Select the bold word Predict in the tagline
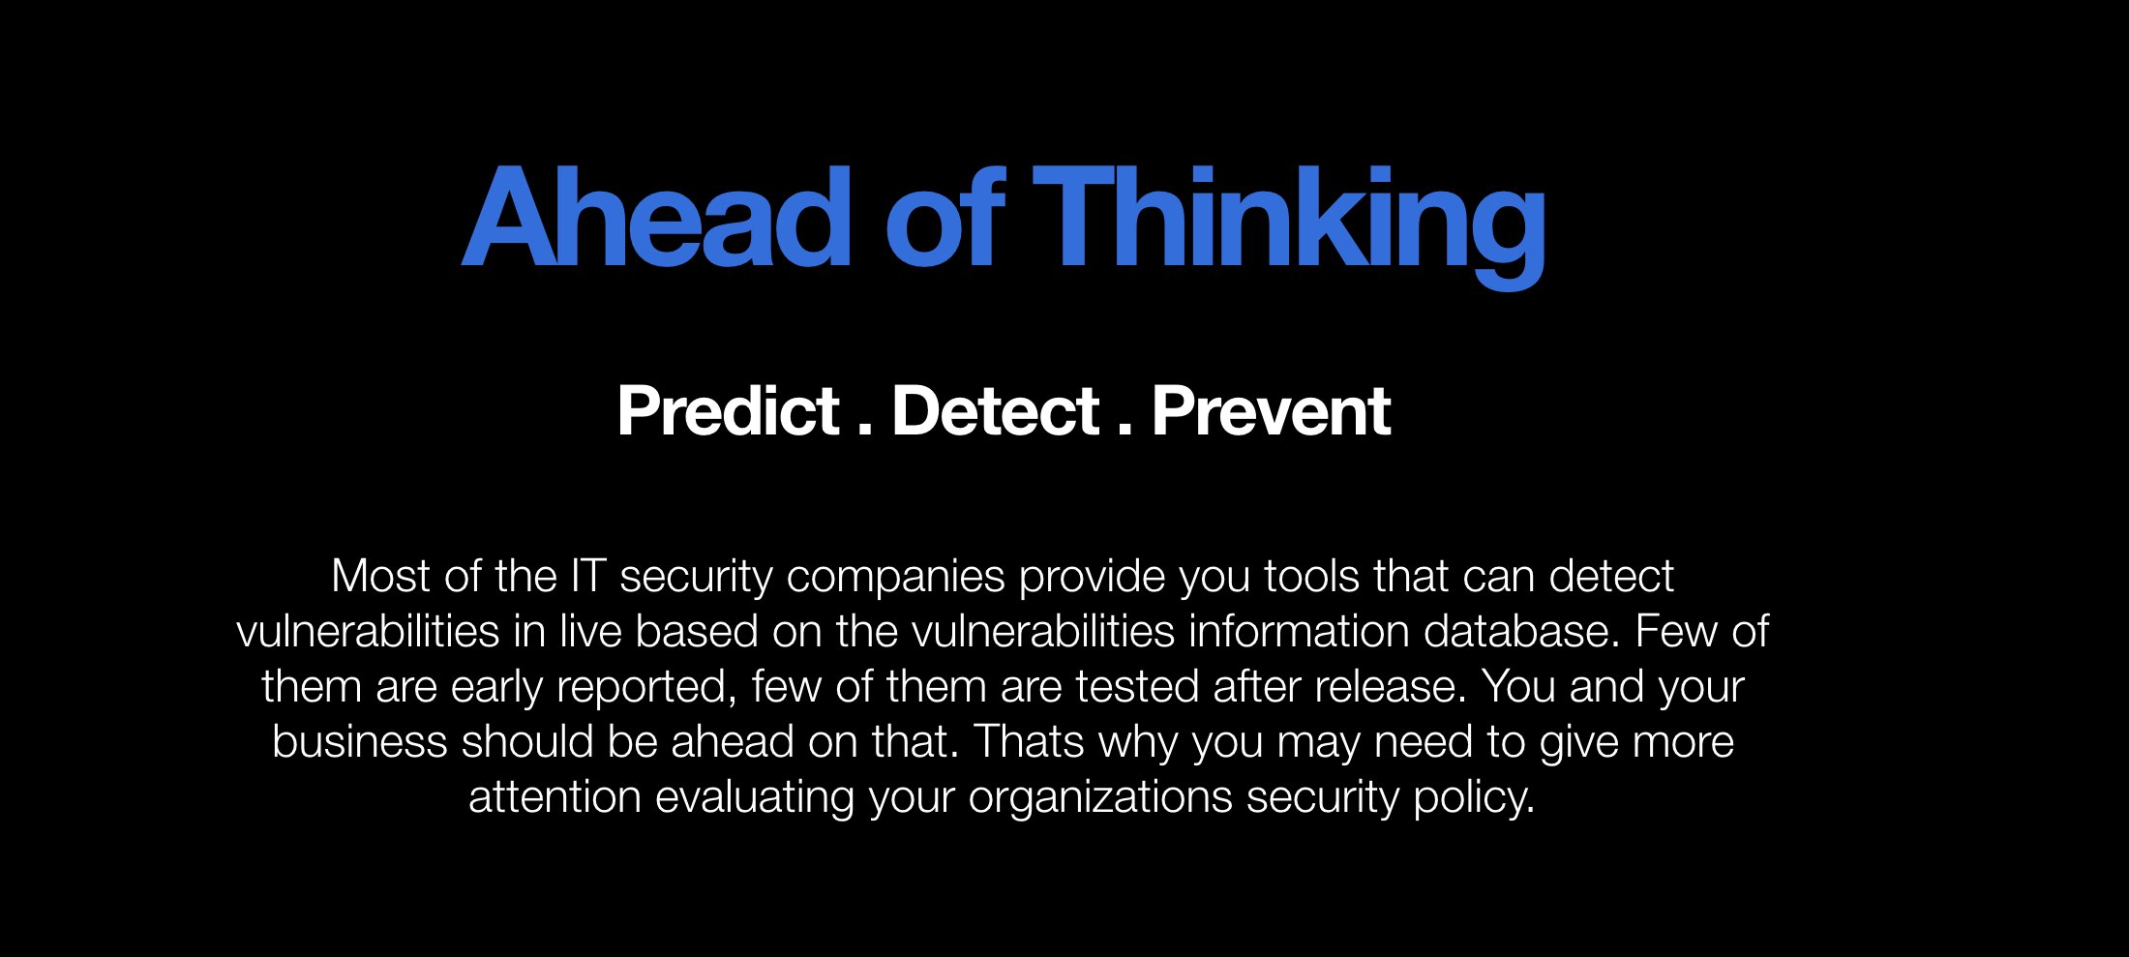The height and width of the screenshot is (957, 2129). [729, 411]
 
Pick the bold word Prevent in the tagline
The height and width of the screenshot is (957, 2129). [1272, 411]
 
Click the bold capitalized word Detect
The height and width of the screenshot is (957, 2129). [996, 411]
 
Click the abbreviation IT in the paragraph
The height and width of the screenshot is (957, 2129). [588, 576]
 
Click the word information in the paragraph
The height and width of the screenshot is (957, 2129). [1299, 631]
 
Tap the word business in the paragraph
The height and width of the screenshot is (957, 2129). [360, 741]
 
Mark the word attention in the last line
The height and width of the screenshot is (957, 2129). [555, 797]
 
